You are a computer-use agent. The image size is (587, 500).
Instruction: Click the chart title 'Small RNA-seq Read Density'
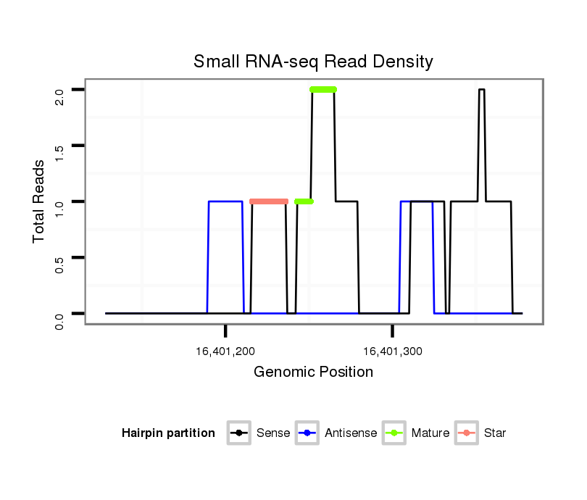pyautogui.click(x=313, y=62)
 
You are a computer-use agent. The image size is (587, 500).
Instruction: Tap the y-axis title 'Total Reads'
pyautogui.click(x=40, y=201)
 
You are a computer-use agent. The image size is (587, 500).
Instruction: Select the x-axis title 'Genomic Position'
pyautogui.click(x=313, y=372)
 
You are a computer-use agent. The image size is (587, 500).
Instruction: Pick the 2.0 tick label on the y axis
pyautogui.click(x=59, y=96)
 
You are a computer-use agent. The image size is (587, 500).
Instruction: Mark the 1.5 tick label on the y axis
pyautogui.click(x=59, y=152)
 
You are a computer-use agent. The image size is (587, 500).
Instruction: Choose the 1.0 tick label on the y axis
pyautogui.click(x=59, y=208)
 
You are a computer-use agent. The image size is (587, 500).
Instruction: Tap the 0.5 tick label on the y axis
pyautogui.click(x=59, y=264)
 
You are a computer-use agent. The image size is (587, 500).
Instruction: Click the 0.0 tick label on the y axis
pyautogui.click(x=59, y=320)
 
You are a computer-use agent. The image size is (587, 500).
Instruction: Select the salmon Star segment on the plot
pyautogui.click(x=269, y=201)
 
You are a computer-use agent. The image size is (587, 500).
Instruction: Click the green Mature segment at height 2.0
pyautogui.click(x=323, y=90)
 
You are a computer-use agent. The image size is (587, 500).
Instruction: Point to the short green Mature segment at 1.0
pyautogui.click(x=304, y=201)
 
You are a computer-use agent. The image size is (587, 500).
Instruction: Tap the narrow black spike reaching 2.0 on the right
pyautogui.click(x=481, y=91)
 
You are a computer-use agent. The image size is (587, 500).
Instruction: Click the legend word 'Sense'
pyautogui.click(x=273, y=433)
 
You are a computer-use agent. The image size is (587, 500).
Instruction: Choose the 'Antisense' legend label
pyautogui.click(x=351, y=433)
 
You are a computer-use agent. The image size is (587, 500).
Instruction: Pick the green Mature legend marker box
pyautogui.click(x=394, y=433)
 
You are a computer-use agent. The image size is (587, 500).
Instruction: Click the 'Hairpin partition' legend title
pyautogui.click(x=168, y=433)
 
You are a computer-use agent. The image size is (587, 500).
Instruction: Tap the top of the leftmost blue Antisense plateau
pyautogui.click(x=225, y=201)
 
